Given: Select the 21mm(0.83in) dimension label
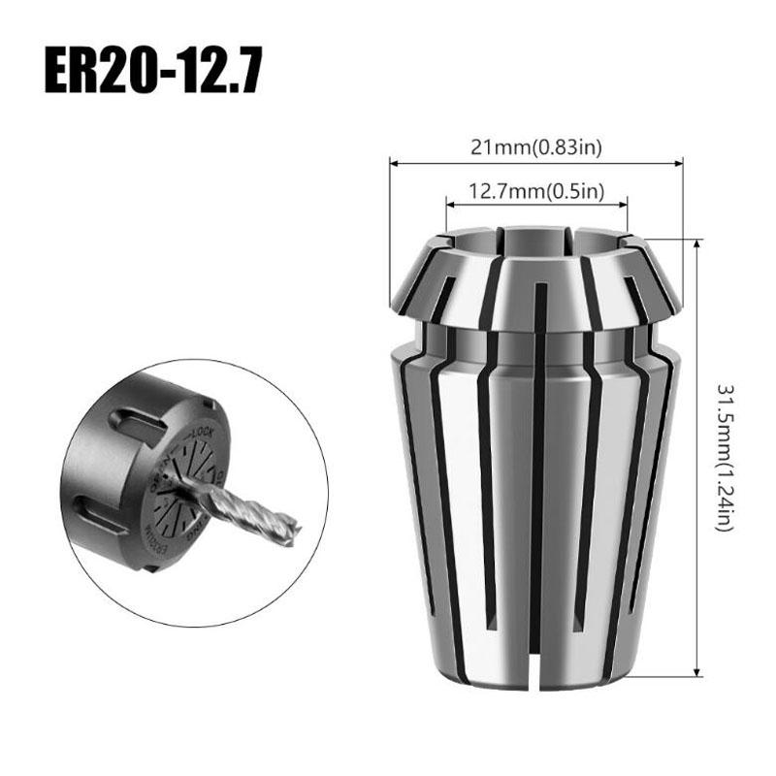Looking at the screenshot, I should (536, 147).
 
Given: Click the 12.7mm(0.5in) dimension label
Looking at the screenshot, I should (536, 191).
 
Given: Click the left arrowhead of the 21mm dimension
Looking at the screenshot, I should (393, 163).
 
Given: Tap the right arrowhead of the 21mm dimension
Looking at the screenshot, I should (680, 163).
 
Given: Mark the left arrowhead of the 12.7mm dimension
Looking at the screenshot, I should (449, 204).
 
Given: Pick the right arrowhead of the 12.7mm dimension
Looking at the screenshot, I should (624, 204).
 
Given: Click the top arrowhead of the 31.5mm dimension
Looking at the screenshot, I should (698, 242).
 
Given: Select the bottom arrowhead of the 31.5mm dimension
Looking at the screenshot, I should (698, 673).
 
